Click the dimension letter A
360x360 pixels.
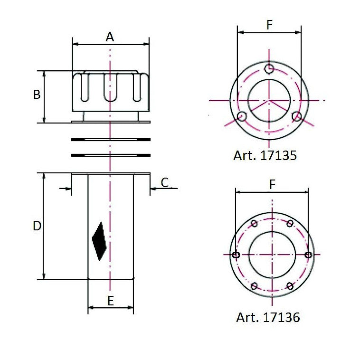click(x=110, y=37)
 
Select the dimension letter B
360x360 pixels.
click(x=37, y=95)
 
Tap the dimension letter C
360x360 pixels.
click(x=165, y=182)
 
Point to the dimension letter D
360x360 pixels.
click(x=37, y=227)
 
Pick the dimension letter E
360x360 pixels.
click(x=110, y=301)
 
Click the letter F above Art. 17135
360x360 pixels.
click(x=269, y=25)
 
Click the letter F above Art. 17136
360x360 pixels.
click(x=272, y=185)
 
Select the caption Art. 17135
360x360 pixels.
click(x=265, y=155)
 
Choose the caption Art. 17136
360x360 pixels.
click(x=268, y=317)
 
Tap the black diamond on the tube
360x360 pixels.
click(x=99, y=241)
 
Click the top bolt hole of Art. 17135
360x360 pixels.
click(x=269, y=69)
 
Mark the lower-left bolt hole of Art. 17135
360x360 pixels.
click(x=242, y=117)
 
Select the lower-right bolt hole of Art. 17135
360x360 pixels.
click(x=297, y=117)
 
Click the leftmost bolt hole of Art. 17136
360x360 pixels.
click(x=236, y=255)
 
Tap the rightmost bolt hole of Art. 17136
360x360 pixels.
click(x=308, y=255)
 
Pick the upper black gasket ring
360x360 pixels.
click(x=110, y=139)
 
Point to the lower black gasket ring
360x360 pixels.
click(x=110, y=155)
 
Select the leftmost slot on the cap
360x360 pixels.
click(x=84, y=88)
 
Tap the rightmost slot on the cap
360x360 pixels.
click(x=136, y=88)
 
